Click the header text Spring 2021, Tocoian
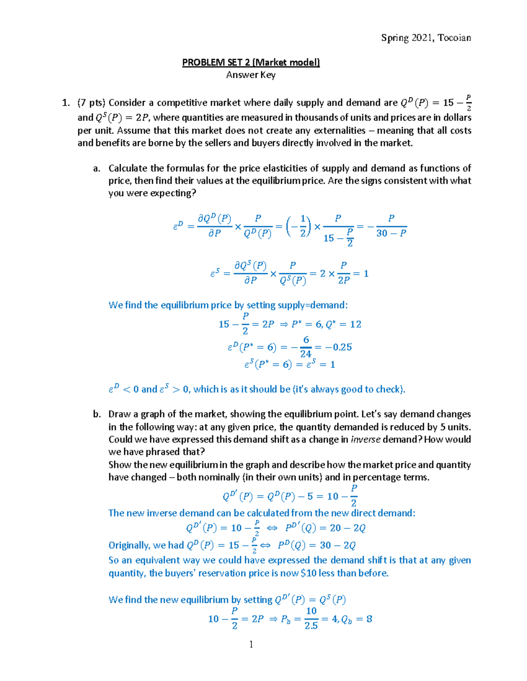(x=426, y=38)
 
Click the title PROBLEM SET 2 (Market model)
(x=251, y=62)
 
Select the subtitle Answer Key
(x=251, y=75)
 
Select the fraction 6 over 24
(x=306, y=347)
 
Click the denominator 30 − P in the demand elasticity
(x=391, y=233)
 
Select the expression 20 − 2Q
(x=347, y=528)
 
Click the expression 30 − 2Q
(x=337, y=545)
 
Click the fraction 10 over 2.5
(x=311, y=619)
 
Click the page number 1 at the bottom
(x=251, y=644)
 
